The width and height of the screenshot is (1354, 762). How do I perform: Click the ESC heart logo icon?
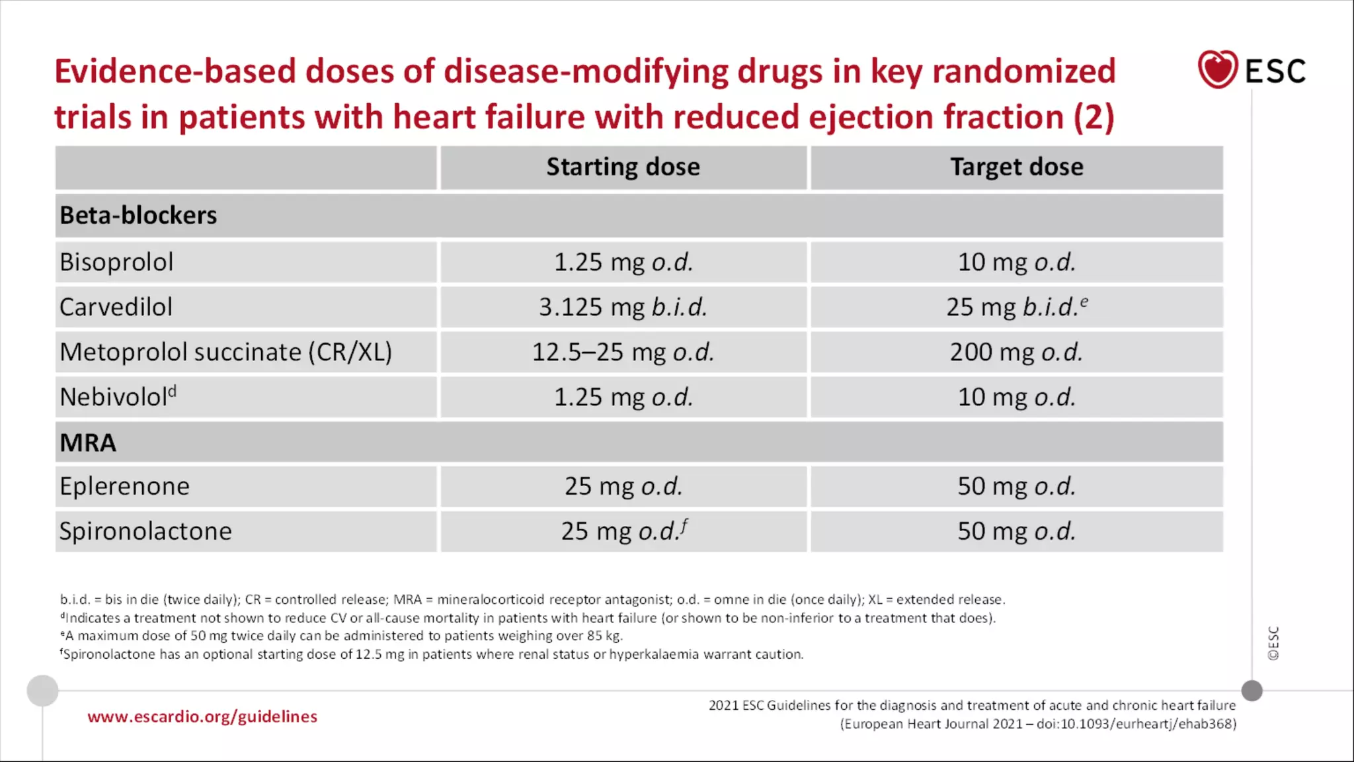1217,69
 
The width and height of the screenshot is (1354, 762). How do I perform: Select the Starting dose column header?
623,167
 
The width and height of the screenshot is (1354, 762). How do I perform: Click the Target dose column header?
1016,167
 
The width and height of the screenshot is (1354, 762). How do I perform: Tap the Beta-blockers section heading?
138,216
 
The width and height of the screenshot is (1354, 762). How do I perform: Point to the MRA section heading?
88,443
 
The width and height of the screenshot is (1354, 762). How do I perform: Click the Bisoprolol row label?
116,262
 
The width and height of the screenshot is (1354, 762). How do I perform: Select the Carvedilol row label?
116,307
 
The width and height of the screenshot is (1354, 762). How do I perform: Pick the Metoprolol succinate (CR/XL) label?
225,352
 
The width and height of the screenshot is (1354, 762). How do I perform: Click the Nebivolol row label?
118,397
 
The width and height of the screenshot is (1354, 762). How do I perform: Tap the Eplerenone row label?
124,486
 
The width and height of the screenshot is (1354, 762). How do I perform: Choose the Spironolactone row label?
145,531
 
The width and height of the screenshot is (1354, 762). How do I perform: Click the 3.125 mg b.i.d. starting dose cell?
623,307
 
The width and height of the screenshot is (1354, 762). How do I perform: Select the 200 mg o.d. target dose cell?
1016,352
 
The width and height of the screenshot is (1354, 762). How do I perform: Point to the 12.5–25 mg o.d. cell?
623,352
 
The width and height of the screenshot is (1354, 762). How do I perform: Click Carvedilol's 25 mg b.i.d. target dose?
1016,307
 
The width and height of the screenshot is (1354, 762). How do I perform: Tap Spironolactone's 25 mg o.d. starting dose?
623,531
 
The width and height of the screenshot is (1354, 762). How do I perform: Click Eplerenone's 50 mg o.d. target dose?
1016,486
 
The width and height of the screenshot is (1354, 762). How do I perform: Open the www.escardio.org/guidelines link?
202,716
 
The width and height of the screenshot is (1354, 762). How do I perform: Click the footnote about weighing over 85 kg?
342,636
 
